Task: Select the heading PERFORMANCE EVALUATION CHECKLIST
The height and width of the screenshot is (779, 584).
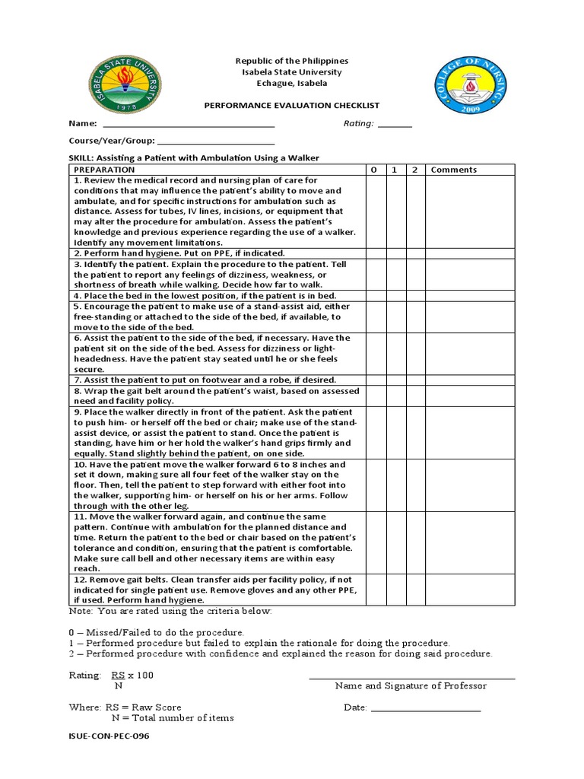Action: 292,106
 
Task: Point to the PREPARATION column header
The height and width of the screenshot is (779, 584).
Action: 105,170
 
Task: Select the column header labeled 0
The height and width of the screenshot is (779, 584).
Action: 374,170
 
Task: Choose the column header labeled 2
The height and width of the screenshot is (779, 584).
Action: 414,170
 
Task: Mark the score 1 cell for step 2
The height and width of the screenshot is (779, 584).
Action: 395,253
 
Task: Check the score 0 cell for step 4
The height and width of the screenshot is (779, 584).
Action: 374,295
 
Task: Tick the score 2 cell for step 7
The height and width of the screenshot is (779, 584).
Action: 414,380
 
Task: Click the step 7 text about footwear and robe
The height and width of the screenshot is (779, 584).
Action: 205,380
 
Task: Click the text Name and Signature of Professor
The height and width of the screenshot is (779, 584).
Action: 411,685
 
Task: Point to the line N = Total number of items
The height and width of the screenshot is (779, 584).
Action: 173,717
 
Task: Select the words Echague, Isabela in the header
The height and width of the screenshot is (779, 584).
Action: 292,84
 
